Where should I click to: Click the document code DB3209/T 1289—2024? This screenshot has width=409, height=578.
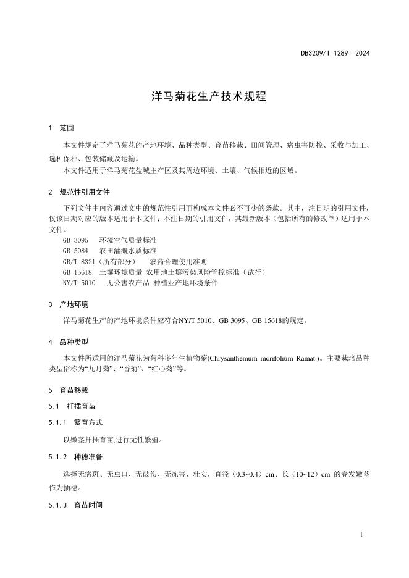(x=331, y=54)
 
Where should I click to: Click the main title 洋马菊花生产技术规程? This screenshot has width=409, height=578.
(x=204, y=96)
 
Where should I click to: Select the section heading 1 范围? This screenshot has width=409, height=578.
(x=61, y=128)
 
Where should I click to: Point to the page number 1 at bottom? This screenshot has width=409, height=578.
(x=361, y=534)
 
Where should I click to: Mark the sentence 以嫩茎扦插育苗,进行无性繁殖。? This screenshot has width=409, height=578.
(x=112, y=440)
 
